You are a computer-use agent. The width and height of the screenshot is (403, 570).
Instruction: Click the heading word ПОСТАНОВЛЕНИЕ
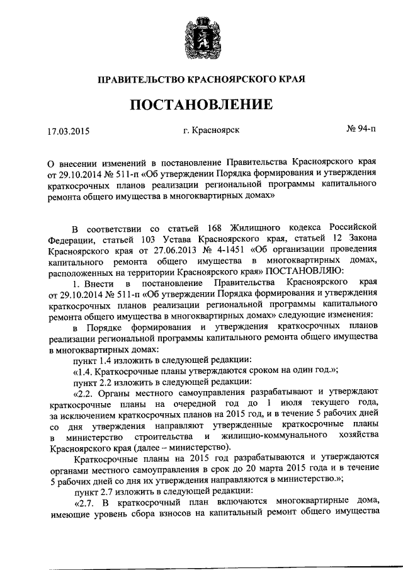click(x=201, y=104)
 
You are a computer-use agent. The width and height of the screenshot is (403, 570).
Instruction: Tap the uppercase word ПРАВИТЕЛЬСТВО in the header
click(x=140, y=80)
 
